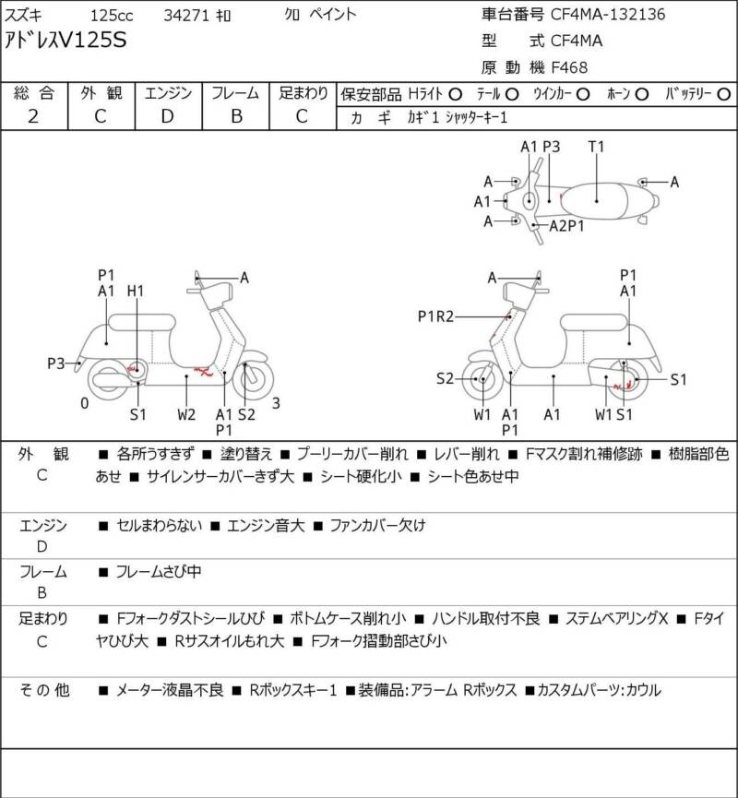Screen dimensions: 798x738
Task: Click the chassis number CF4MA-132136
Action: pos(608,15)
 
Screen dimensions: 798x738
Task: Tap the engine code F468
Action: pos(569,66)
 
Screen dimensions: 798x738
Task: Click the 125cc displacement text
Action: pos(112,15)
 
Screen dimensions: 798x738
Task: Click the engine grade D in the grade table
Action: pos(168,116)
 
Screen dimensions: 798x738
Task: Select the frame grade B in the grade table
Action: pos(235,116)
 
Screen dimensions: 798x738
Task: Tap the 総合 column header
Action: pos(34,93)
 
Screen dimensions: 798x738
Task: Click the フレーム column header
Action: pos(235,93)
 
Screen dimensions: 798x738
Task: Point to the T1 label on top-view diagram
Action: pos(596,146)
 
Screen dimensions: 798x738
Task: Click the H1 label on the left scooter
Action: pos(136,292)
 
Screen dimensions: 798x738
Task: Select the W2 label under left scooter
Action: pos(186,414)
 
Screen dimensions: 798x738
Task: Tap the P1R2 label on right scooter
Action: pos(435,316)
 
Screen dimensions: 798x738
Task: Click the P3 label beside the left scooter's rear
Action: pos(57,363)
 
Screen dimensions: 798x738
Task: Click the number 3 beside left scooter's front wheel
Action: pos(276,402)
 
